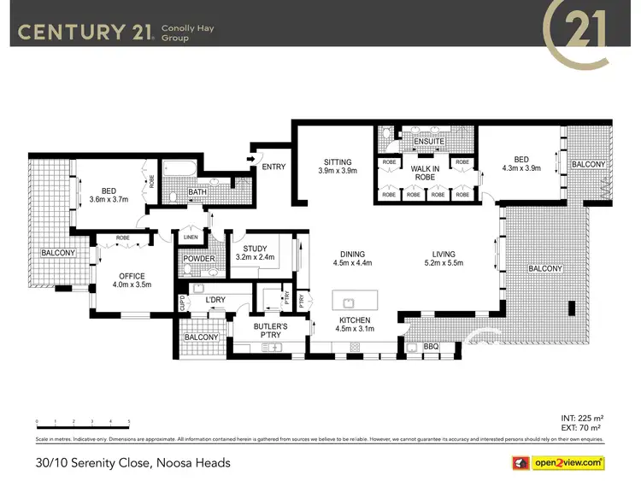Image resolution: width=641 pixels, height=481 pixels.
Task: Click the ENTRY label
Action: pyautogui.click(x=274, y=167)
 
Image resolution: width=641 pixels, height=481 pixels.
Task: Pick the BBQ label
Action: pyautogui.click(x=431, y=348)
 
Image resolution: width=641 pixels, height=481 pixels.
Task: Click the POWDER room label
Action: pyautogui.click(x=199, y=259)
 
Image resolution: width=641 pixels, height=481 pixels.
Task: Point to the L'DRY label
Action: pyautogui.click(x=214, y=300)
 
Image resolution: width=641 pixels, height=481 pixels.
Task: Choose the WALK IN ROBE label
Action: pyautogui.click(x=425, y=173)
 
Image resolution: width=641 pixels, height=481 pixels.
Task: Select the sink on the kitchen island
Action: pyautogui.click(x=348, y=302)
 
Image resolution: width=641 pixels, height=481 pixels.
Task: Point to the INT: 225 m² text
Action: pyautogui.click(x=584, y=418)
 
